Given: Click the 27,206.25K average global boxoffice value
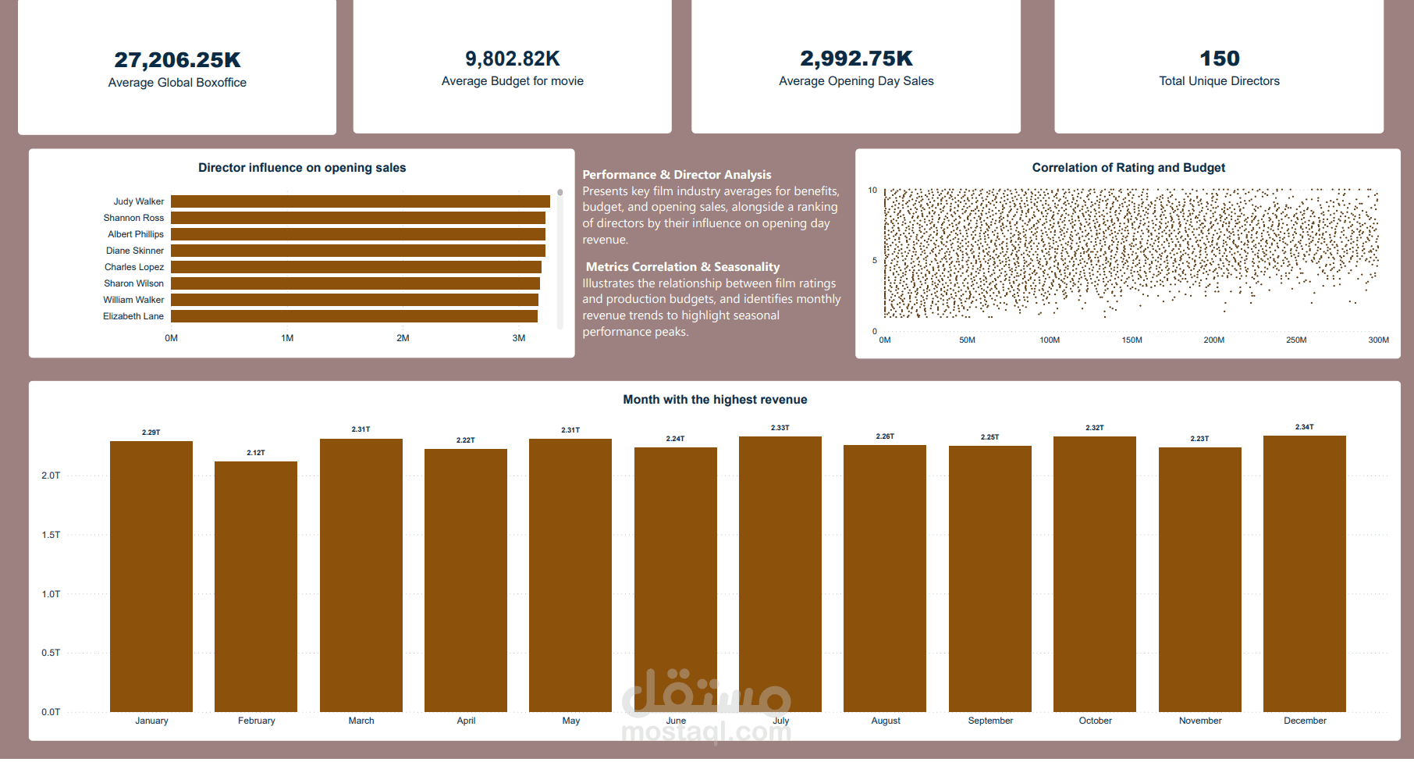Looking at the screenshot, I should (177, 60).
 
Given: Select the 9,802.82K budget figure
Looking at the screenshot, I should (512, 59).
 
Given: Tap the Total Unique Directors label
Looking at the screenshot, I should (1219, 81).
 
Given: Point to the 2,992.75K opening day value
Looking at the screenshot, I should (856, 59).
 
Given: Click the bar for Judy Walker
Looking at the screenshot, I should (360, 201).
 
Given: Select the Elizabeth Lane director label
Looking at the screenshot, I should (133, 316).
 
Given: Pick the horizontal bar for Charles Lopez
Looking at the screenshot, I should (356, 267).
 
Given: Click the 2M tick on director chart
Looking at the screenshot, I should (403, 338).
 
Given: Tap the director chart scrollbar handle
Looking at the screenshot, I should (560, 192).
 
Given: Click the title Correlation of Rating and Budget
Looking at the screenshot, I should (1128, 168).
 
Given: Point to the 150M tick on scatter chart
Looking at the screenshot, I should (1132, 340).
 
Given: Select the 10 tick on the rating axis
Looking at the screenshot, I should (872, 190).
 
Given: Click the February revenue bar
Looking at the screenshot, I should (256, 586).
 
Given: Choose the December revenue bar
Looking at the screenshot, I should (1304, 574).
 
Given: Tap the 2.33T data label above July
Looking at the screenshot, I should (780, 428).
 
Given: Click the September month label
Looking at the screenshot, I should (989, 721).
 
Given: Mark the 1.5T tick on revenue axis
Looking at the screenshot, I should (51, 535).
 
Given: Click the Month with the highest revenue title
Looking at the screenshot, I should (715, 400).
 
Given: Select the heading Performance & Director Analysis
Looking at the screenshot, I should (677, 175).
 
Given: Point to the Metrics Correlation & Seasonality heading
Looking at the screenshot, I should (682, 267).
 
